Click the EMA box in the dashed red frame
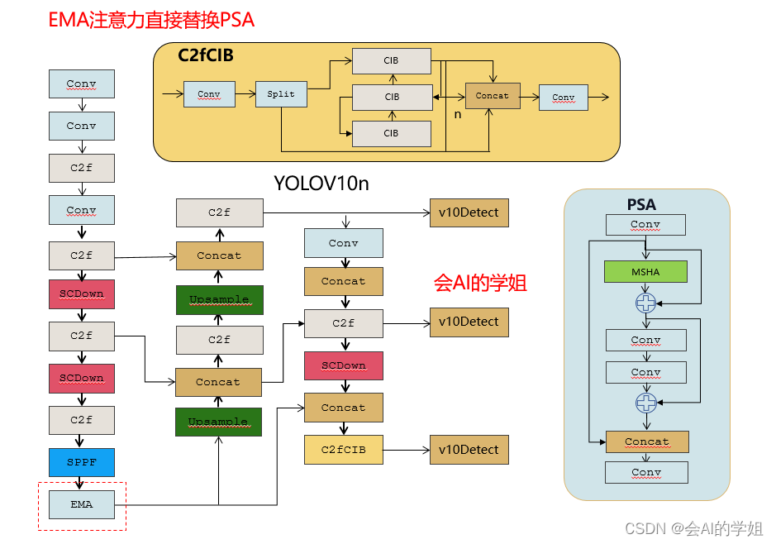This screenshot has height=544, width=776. (x=81, y=504)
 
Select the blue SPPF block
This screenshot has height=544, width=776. (x=81, y=462)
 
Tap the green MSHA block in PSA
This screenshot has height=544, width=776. (x=645, y=271)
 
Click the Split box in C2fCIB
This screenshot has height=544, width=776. (x=281, y=94)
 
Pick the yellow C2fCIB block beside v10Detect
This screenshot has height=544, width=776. (x=343, y=450)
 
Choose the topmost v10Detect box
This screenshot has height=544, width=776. (x=469, y=212)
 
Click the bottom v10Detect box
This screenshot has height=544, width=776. (x=469, y=450)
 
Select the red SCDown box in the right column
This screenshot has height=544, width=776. (x=343, y=365)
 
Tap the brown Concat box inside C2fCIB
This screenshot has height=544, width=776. (x=493, y=96)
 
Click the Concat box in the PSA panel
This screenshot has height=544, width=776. (x=646, y=441)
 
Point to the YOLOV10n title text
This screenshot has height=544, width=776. (x=321, y=183)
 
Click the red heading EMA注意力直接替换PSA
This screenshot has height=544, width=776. (x=151, y=20)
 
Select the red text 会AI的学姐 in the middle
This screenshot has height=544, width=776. (x=480, y=283)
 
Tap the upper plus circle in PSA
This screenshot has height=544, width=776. (x=645, y=303)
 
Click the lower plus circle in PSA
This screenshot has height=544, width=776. (x=645, y=403)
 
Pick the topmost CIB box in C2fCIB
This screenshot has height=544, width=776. (x=392, y=60)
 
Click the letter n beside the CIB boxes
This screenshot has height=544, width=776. (x=458, y=114)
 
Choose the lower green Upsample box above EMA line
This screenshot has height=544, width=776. (x=218, y=422)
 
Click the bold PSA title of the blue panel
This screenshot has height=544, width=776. (x=641, y=204)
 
